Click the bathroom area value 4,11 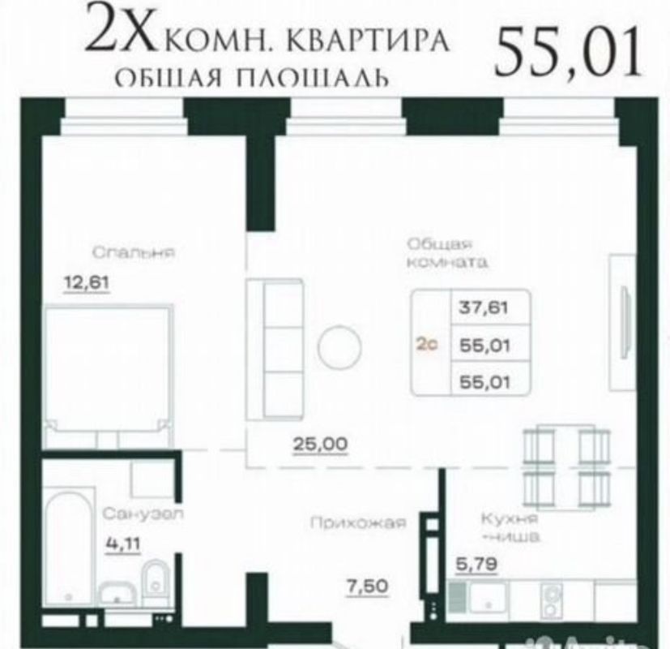[123, 544]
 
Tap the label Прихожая [356, 523]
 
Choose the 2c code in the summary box [427, 344]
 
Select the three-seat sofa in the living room [274, 350]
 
